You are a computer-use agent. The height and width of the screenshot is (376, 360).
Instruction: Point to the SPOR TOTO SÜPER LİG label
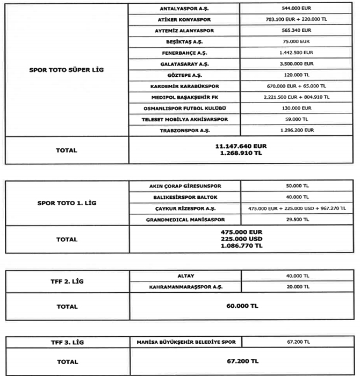coord(66,70)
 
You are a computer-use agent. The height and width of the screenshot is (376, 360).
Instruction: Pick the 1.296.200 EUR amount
coord(295,131)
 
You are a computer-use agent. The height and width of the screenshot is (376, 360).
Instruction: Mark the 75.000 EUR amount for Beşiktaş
coord(295,42)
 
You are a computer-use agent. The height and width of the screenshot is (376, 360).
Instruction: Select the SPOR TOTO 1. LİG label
coord(66,203)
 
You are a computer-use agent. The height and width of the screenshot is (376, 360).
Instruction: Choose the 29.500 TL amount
coord(295,220)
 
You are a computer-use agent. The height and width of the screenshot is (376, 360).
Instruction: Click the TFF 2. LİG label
coord(66,281)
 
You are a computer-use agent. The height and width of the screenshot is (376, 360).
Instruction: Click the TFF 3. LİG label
coord(66,342)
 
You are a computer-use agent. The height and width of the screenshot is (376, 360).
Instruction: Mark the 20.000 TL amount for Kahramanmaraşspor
coord(295,287)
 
